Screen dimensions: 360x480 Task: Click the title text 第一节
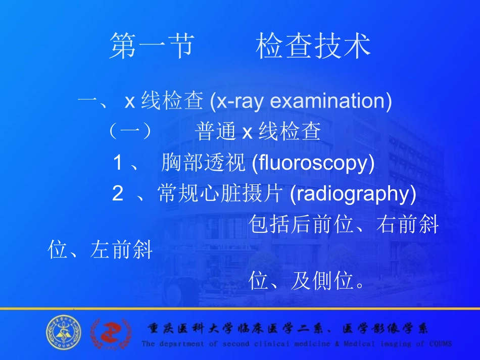click(151, 46)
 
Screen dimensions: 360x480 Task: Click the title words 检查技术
click(313, 46)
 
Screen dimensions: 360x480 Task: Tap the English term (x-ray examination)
click(301, 101)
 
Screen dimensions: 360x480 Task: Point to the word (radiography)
click(353, 194)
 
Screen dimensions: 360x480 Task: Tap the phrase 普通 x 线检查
click(258, 132)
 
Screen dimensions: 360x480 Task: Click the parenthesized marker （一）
click(130, 132)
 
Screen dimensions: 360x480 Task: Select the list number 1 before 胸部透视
click(118, 163)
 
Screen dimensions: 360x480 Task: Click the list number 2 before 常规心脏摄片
click(118, 194)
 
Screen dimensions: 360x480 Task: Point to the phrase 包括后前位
click(301, 225)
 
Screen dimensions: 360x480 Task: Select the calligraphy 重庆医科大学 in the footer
click(189, 329)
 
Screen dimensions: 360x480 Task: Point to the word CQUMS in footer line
click(439, 344)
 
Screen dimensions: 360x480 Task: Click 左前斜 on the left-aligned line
click(121, 250)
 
